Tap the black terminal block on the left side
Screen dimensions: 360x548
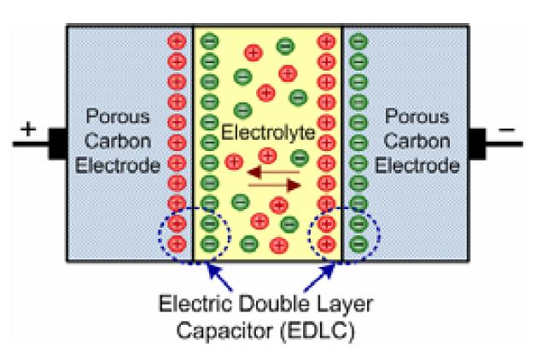pyautogui.click(x=57, y=142)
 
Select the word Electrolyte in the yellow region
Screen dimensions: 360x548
pyautogui.click(x=267, y=134)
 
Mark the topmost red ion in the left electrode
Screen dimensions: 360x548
pyautogui.click(x=178, y=39)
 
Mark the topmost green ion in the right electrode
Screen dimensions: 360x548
pyautogui.click(x=358, y=39)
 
